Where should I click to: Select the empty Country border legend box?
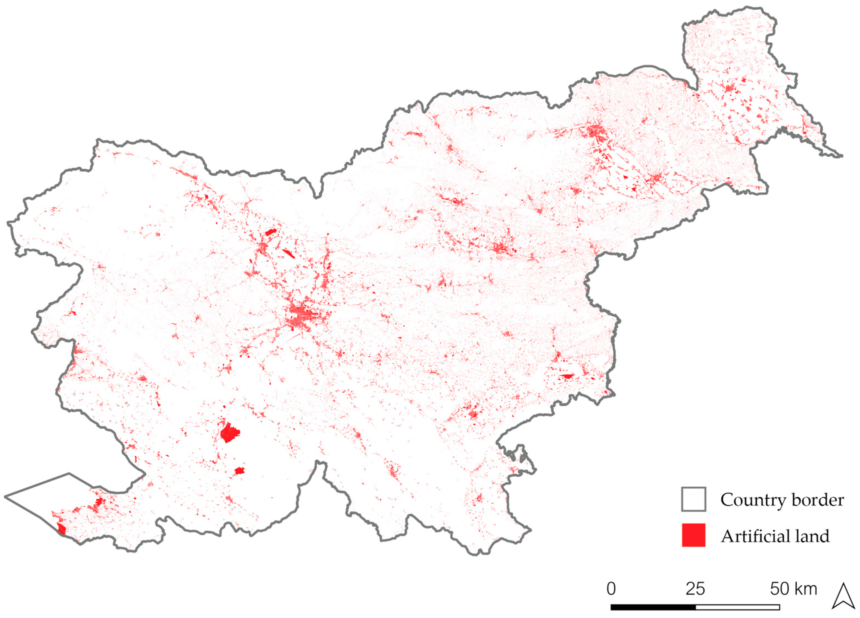coord(694,499)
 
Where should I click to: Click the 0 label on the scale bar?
coord(611,589)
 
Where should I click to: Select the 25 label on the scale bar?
coord(695,589)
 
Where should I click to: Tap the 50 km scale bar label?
coord(793,589)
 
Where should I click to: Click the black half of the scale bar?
coord(653,607)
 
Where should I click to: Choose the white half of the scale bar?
coord(738,607)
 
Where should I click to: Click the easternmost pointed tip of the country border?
coord(842,156)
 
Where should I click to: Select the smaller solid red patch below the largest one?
coord(239,471)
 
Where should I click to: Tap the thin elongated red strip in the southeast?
coord(567,376)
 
